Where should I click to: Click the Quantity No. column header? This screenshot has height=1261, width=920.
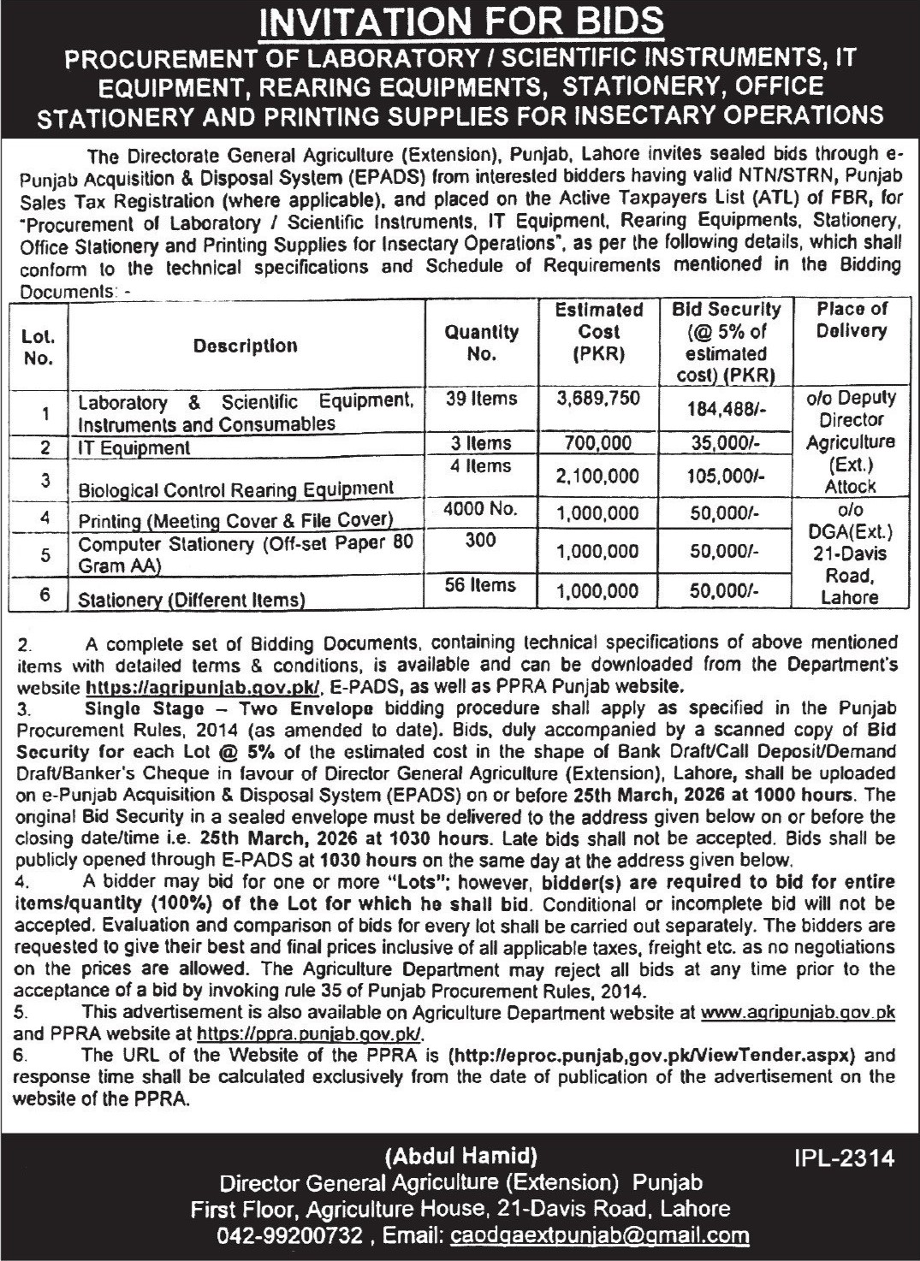click(482, 342)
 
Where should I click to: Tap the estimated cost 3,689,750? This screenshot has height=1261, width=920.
click(598, 399)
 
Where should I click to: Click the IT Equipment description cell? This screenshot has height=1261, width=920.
click(134, 447)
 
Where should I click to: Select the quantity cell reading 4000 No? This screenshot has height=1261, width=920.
click(482, 508)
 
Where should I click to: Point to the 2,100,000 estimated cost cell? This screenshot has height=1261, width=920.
click(598, 479)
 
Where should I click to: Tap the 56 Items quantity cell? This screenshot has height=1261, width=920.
click(482, 585)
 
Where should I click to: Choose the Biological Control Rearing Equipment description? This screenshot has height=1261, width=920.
click(236, 489)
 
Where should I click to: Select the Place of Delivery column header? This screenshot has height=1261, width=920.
click(850, 319)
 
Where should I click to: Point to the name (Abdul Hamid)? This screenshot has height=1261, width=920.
click(461, 1157)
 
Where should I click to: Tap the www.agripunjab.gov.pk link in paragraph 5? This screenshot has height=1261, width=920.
click(798, 1011)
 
